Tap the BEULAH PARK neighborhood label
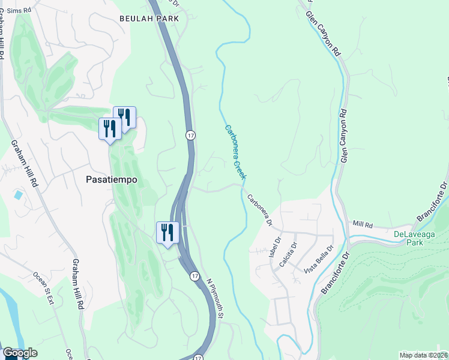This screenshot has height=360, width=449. pos(149,19)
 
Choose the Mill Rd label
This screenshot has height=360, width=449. pos(363,224)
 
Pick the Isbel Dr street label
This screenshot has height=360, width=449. pos(277,248)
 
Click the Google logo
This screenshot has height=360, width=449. pos(19,353)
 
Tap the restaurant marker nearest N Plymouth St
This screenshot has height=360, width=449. pos(166,233)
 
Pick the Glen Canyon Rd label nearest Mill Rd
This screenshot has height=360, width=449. pos(343,136)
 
